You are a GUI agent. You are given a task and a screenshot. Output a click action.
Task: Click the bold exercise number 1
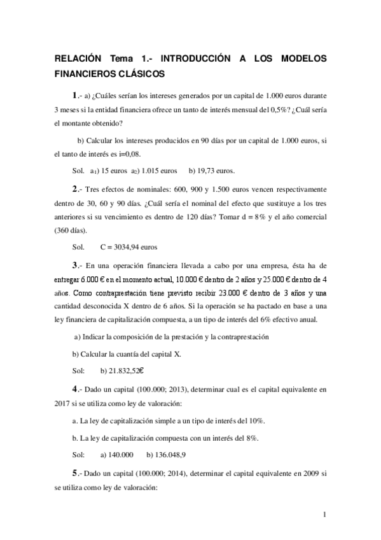pyautogui.click(x=74, y=95)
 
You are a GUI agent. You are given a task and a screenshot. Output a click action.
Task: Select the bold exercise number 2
pyautogui.click(x=74, y=189)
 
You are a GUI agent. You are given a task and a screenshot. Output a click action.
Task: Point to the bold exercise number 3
pyautogui.click(x=74, y=265)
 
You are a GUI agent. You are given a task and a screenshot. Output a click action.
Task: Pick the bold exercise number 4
pyautogui.click(x=74, y=387)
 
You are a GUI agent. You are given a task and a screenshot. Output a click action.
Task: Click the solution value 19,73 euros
pyautogui.click(x=217, y=171)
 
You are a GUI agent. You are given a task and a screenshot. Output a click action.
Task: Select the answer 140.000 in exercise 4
pyautogui.click(x=116, y=455)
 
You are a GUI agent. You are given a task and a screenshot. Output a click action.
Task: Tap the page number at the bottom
pyautogui.click(x=324, y=515)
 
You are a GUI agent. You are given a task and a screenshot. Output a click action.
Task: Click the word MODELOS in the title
pyautogui.click(x=300, y=59)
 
